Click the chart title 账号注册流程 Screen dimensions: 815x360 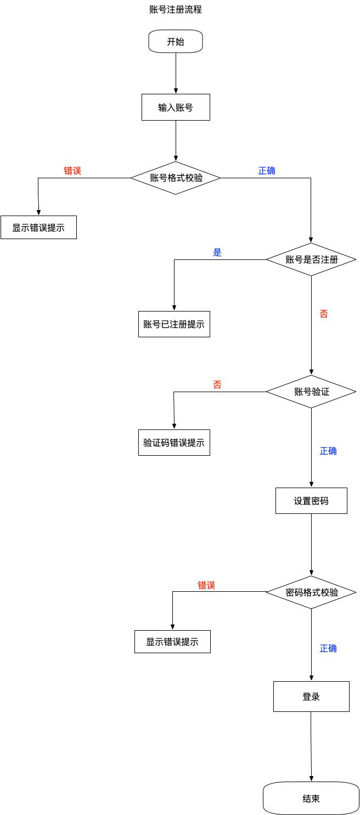(x=176, y=9)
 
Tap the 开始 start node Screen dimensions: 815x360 (x=176, y=42)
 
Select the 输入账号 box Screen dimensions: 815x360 (x=176, y=107)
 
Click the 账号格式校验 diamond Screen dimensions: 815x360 (x=176, y=178)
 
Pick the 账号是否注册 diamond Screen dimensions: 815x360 (x=311, y=259)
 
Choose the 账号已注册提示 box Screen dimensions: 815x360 (x=174, y=324)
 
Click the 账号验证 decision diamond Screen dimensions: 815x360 (x=311, y=392)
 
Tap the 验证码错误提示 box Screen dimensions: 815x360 (x=174, y=443)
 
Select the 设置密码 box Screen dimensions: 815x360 (x=311, y=501)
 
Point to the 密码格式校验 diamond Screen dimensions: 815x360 (x=311, y=592)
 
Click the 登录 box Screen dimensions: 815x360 (x=311, y=697)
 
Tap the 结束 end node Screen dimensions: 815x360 (x=311, y=799)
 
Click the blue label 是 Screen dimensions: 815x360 (x=217, y=253)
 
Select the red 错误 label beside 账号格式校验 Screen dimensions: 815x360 (x=72, y=171)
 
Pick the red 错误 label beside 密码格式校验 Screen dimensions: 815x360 (x=206, y=585)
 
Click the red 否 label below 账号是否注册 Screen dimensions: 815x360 (x=324, y=314)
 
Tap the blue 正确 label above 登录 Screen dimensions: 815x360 (x=328, y=648)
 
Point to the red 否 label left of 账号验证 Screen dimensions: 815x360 (x=217, y=384)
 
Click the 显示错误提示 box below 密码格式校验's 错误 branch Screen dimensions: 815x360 (x=172, y=642)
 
